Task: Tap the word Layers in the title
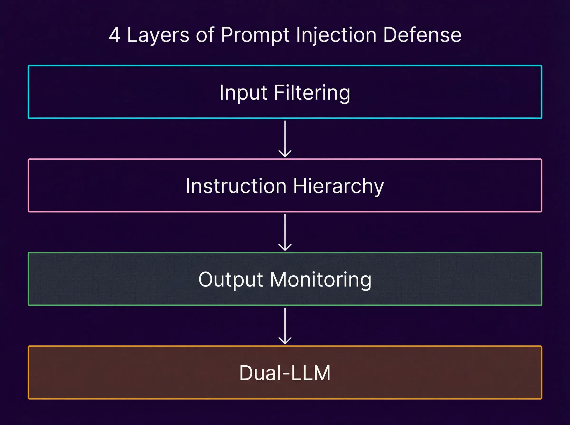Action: point(158,35)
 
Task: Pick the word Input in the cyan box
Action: point(243,93)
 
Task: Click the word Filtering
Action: point(312,93)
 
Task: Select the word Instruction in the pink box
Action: point(236,186)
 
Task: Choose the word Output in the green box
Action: point(231,280)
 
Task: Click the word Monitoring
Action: point(321,280)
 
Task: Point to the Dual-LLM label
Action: point(285,373)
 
